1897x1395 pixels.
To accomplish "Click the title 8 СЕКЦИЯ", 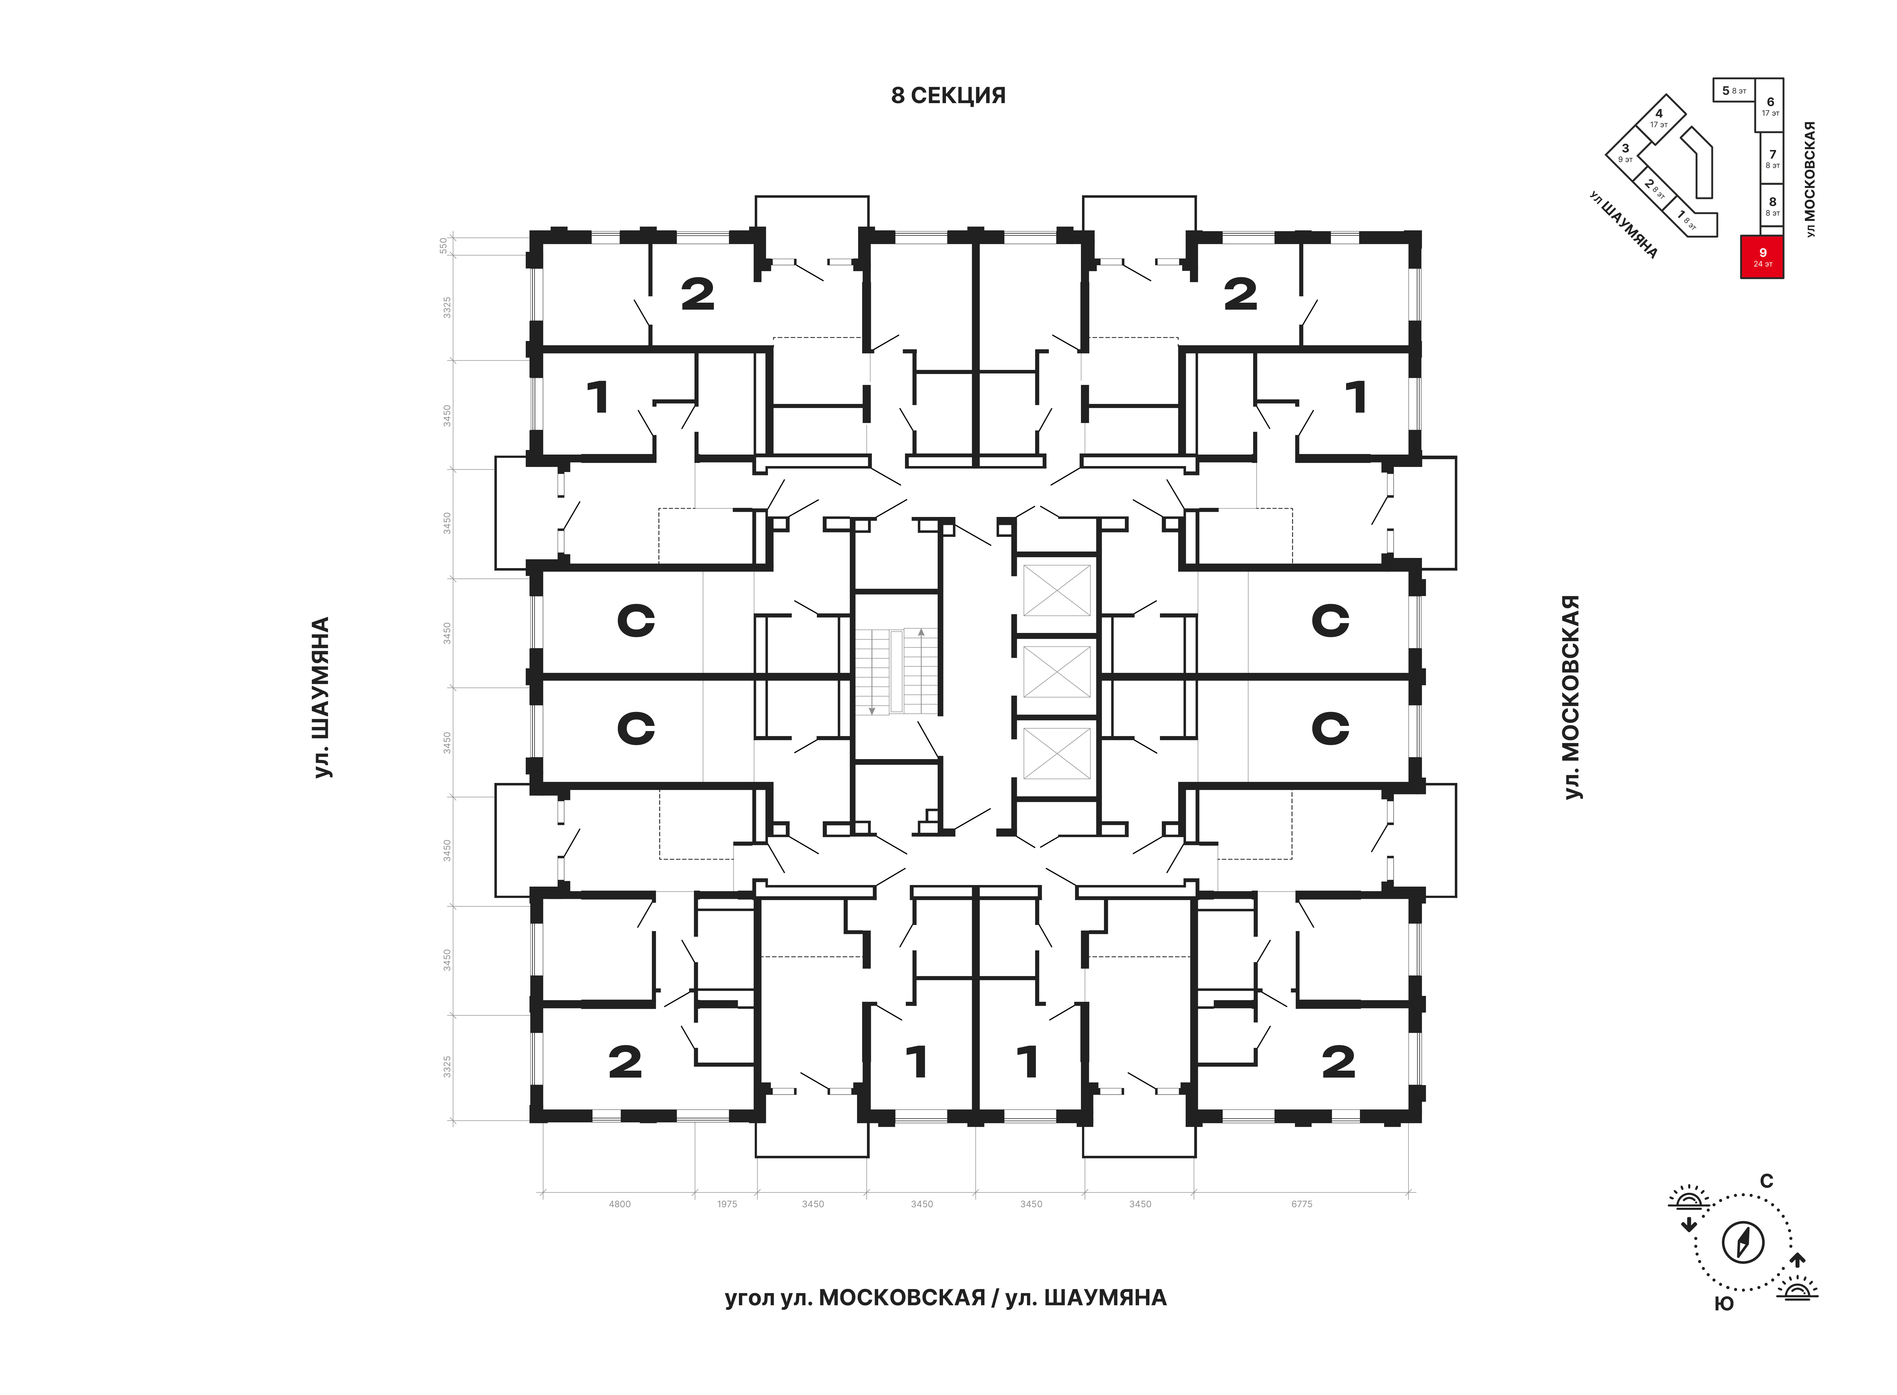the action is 948,95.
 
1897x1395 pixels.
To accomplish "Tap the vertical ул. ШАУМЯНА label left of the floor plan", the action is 322,697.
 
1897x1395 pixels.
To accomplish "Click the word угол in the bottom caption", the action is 749,1298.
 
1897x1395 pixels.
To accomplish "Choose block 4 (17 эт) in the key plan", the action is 1660,118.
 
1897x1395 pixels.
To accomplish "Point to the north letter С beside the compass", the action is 1766,1180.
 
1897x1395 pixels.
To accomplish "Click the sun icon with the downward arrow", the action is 1688,1207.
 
